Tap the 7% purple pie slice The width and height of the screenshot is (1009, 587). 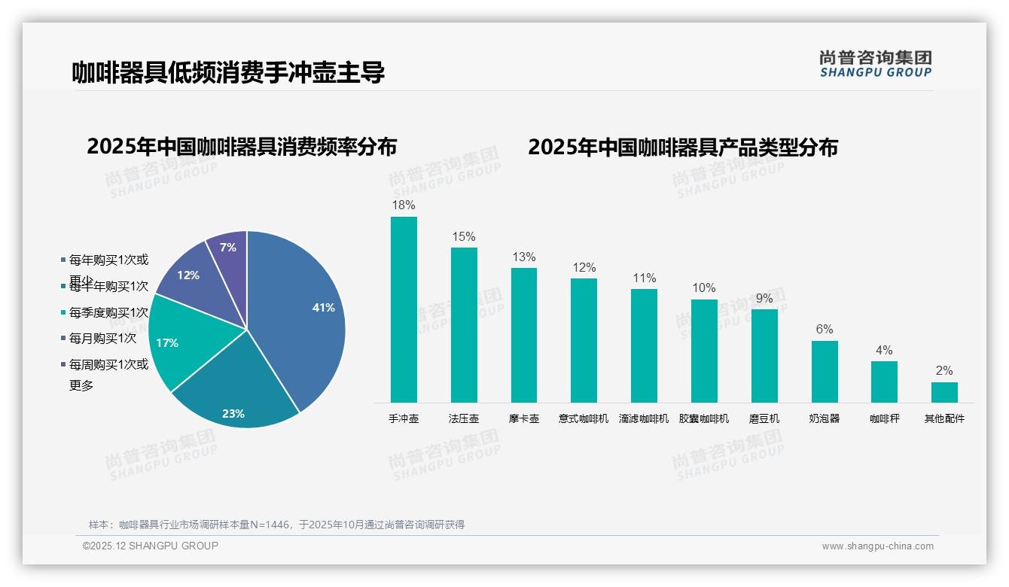coord(227,248)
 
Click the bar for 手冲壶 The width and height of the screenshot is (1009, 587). coord(404,309)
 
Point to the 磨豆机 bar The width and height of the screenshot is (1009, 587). coord(764,356)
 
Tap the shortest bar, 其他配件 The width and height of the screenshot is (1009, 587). coord(944,392)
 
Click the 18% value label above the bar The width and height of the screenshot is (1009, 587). coord(404,205)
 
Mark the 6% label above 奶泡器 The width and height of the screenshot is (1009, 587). coord(825,329)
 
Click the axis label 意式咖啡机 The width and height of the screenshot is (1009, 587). coord(584,418)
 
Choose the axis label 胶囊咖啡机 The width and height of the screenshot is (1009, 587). coord(704,418)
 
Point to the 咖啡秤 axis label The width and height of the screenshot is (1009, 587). coord(884,418)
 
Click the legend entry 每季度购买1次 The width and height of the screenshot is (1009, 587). coord(108,312)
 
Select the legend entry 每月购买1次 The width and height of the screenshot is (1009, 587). coord(102,339)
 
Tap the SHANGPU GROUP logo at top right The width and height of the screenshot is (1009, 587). coord(876,64)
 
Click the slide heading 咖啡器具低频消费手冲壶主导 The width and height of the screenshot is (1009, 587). coord(228,72)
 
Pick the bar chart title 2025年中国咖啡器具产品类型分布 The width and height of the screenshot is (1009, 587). coord(682,147)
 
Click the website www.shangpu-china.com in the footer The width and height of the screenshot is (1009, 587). coord(877,546)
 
